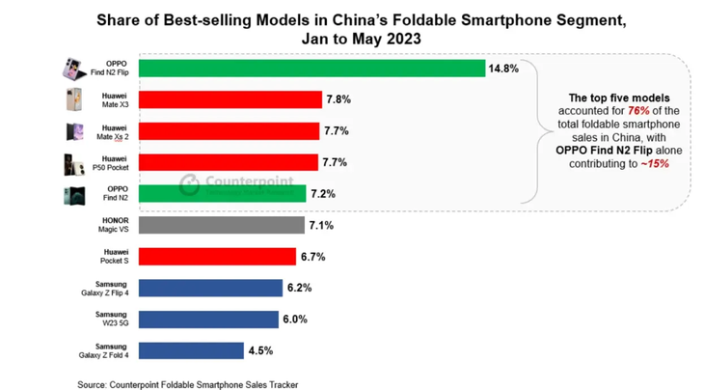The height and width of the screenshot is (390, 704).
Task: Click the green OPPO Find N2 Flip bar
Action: (x=311, y=69)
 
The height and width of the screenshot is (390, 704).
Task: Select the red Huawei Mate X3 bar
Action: (x=230, y=99)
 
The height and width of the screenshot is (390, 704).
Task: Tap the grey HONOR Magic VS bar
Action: (x=222, y=225)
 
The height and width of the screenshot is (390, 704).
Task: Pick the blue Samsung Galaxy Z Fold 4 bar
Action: (x=191, y=350)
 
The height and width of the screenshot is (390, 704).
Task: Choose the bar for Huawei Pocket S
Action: (x=217, y=256)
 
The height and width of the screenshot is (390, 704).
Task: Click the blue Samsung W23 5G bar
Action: (x=208, y=320)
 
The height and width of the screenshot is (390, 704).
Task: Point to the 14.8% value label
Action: (x=503, y=69)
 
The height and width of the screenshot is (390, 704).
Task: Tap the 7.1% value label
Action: (x=322, y=225)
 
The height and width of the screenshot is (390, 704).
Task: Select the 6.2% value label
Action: (x=297, y=288)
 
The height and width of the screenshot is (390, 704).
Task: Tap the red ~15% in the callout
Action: (x=653, y=164)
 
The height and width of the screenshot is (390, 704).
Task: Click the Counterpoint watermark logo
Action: (x=189, y=182)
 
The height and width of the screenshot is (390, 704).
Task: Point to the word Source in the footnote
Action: (x=95, y=384)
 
